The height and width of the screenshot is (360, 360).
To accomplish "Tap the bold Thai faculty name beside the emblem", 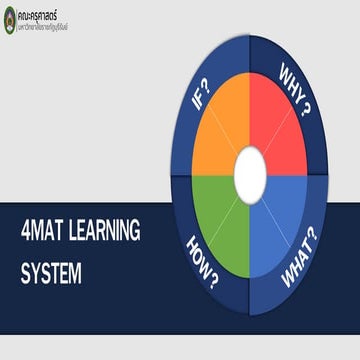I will point(43,13).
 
